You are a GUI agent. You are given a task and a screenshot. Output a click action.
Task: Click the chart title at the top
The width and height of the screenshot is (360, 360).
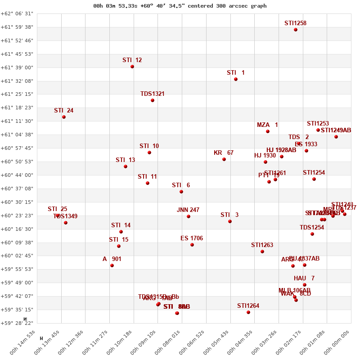[180, 6]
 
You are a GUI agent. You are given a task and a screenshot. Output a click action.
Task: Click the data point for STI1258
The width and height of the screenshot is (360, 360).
[296, 30]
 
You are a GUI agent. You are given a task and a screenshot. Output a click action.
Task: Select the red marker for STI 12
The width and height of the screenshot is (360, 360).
[132, 67]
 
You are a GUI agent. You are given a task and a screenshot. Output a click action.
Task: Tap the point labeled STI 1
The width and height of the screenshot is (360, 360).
[236, 79]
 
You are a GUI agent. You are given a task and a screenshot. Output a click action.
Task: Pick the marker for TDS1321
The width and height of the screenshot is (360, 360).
[153, 100]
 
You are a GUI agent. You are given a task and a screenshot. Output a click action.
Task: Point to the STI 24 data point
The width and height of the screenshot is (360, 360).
[64, 117]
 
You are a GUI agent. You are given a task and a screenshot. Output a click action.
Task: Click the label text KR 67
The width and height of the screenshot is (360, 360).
[224, 153]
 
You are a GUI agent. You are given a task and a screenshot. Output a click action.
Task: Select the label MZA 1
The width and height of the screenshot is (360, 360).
[267, 125]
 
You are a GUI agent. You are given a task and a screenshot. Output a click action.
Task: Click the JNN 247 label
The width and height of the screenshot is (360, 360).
[188, 210]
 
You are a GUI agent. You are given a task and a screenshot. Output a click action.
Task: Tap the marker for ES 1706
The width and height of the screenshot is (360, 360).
[192, 245]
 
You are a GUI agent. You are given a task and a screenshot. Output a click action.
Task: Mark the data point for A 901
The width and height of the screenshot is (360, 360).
[112, 265]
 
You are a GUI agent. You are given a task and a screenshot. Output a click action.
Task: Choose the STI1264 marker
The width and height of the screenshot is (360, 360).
[248, 312]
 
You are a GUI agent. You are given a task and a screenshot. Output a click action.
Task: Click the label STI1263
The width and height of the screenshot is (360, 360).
[262, 245]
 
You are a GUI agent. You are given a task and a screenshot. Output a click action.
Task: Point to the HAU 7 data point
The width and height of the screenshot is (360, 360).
[305, 285]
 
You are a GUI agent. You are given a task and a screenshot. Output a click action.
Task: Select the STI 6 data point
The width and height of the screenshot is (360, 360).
[181, 192]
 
